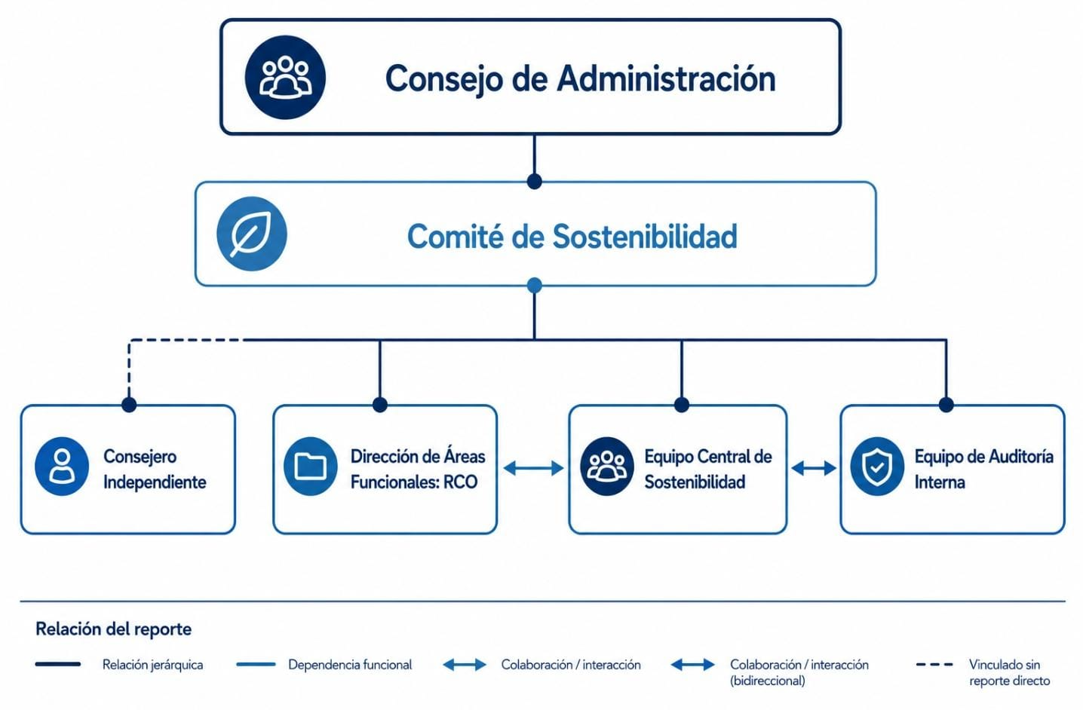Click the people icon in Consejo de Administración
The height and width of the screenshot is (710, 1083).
point(285,78)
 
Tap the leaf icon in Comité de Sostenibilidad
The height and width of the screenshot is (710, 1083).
point(251,234)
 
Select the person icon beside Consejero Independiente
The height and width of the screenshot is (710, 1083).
point(62,467)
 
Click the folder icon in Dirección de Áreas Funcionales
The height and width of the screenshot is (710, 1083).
point(311,467)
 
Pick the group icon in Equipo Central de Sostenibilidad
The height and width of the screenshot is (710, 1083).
point(607,467)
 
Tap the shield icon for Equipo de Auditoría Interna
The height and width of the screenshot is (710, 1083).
point(877,467)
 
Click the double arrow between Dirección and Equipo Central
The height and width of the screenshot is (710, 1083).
point(533,468)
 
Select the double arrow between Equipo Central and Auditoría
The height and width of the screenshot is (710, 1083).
point(814,468)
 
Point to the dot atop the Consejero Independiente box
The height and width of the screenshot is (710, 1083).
point(129,405)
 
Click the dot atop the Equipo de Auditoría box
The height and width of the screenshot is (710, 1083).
point(946,405)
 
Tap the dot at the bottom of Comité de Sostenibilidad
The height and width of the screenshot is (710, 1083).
point(534,286)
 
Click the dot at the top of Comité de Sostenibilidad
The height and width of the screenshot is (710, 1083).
point(534,182)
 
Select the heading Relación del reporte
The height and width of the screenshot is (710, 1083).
point(114,629)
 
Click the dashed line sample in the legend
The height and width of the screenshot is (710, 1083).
point(934,665)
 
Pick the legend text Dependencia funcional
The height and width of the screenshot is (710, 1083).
point(350,665)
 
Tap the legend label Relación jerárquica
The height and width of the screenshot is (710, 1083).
point(153,665)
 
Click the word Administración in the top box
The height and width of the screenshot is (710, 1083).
point(666,79)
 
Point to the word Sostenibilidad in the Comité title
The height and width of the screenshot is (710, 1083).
point(645,237)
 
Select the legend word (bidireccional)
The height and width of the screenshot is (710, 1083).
point(767,681)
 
